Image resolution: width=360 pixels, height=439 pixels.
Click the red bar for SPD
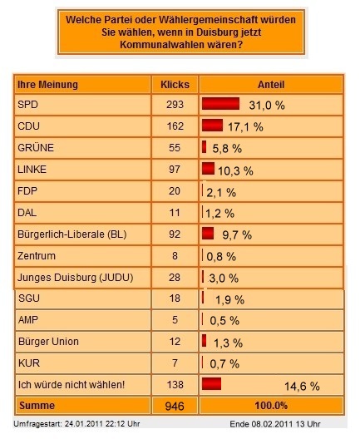220,104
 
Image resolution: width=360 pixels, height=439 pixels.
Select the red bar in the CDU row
213,126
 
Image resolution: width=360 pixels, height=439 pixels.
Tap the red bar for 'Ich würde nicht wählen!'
212,383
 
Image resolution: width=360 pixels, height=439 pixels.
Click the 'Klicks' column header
175,85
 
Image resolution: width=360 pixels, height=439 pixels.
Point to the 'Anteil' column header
271,85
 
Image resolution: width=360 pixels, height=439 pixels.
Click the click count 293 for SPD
175,105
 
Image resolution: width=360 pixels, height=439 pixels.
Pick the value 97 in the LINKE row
175,170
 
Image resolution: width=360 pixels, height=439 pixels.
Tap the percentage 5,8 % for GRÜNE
227,149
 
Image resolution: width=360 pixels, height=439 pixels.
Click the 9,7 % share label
237,235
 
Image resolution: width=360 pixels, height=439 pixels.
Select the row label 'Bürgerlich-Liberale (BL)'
72,234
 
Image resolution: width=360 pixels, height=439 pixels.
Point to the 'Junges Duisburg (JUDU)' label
76,278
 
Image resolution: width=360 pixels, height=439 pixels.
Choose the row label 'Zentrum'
37,255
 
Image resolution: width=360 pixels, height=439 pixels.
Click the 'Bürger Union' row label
48,341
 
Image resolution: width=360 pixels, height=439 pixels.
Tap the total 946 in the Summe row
175,406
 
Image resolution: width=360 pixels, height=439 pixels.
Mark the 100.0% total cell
271,406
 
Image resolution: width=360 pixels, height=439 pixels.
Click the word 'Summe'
37,406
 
